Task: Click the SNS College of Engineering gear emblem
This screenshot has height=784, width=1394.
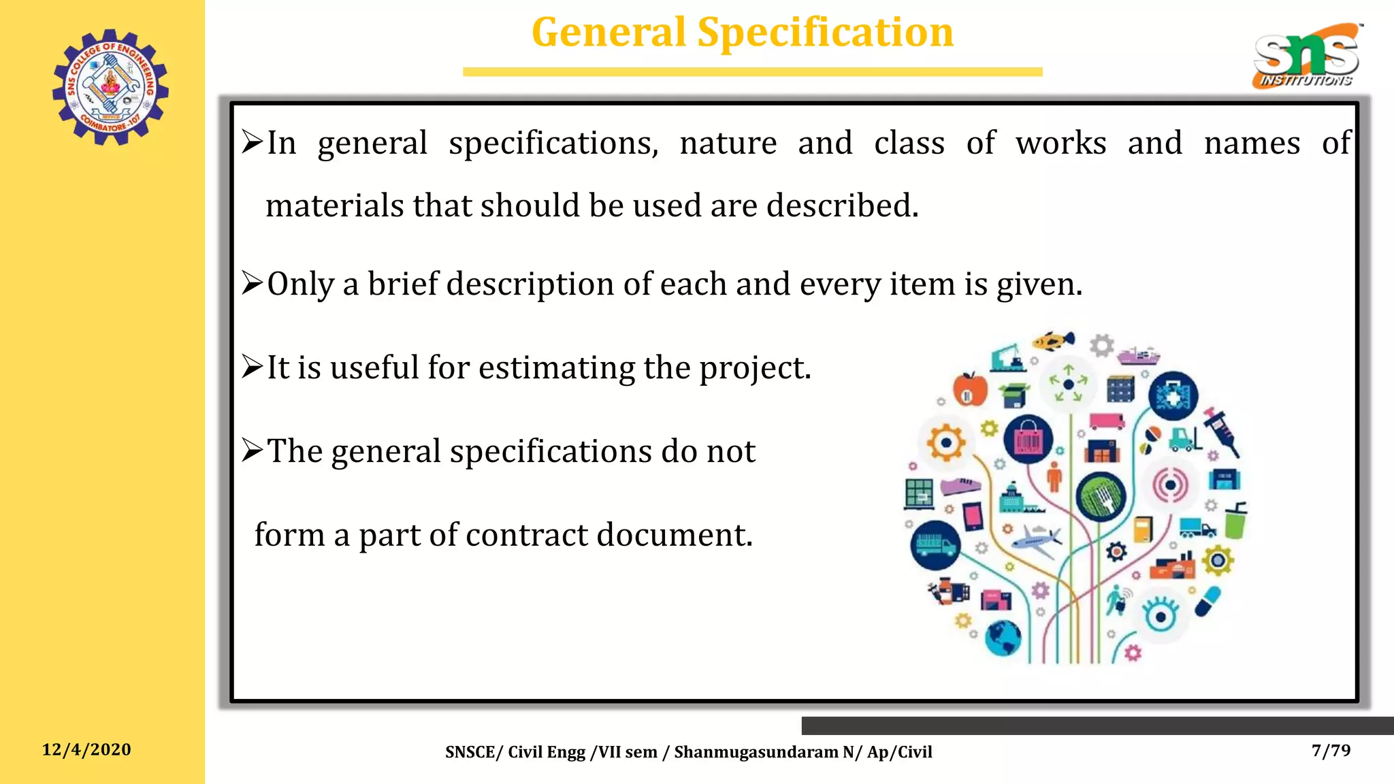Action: (x=110, y=86)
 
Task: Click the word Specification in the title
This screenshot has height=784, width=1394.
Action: (x=825, y=32)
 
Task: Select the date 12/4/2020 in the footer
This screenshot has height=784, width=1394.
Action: (x=86, y=749)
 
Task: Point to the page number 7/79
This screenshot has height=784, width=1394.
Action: (x=1331, y=750)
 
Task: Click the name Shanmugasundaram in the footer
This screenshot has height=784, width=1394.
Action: (x=756, y=752)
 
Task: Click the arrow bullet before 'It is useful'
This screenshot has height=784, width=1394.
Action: (x=252, y=367)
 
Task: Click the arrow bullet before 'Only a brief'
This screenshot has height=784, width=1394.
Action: (x=252, y=283)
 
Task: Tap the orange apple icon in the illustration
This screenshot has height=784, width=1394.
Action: (x=970, y=389)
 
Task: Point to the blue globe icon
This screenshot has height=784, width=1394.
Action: (x=1003, y=638)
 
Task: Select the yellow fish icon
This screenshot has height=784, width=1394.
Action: (x=1052, y=340)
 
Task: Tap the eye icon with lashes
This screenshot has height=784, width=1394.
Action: (x=1160, y=615)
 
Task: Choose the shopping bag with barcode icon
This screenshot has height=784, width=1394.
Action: (x=1028, y=438)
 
